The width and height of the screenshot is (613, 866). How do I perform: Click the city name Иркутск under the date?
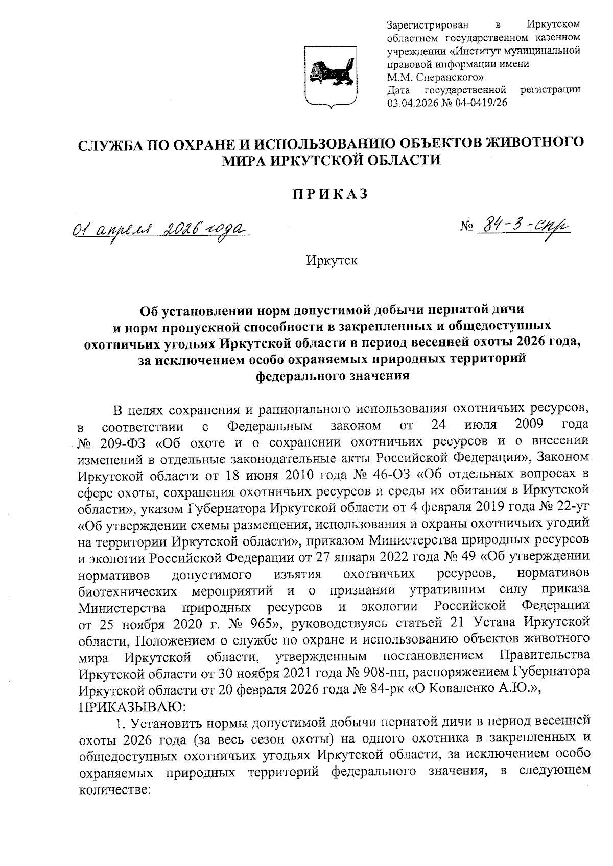pyautogui.click(x=332, y=261)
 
